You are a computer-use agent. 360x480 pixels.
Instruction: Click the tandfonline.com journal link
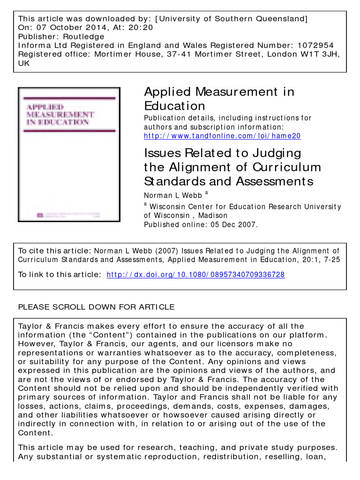[222, 136]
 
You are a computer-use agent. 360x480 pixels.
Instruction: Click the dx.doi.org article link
[195, 275]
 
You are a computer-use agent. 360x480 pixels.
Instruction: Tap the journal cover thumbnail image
[69, 154]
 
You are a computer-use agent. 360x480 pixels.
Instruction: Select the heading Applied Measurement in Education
[219, 98]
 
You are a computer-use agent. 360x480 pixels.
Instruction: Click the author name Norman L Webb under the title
[172, 195]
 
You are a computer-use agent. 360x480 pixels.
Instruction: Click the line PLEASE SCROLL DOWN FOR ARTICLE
[96, 307]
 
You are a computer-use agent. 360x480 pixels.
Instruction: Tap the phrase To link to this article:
[59, 275]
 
